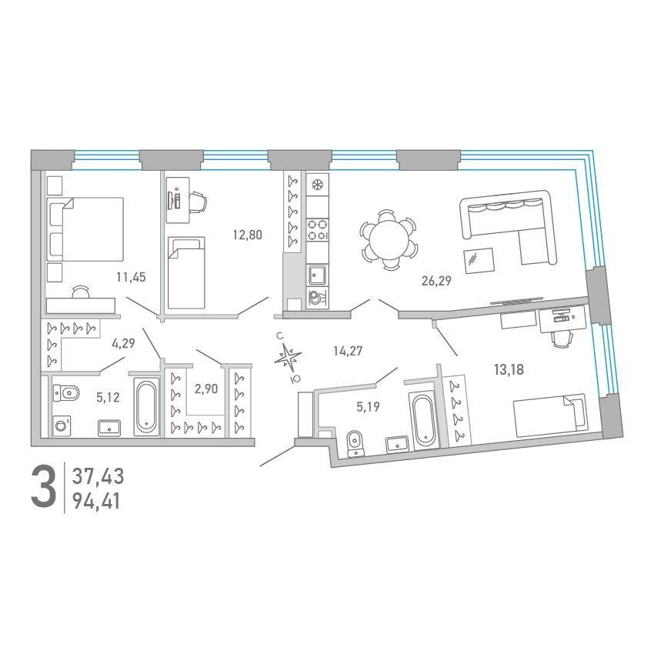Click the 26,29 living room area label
(436, 281)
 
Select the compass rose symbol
(288, 358)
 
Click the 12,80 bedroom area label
(247, 235)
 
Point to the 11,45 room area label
(131, 277)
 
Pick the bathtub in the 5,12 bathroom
(146, 407)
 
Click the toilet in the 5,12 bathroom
(66, 393)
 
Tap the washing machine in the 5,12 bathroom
(62, 425)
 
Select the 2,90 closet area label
(206, 389)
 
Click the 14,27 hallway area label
(348, 351)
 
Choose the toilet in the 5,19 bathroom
(355, 444)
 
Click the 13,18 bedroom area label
(509, 369)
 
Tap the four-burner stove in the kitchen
(318, 230)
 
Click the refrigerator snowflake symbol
(318, 184)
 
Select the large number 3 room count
(43, 488)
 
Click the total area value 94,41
(97, 502)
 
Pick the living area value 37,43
(98, 476)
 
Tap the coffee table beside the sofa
(479, 261)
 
